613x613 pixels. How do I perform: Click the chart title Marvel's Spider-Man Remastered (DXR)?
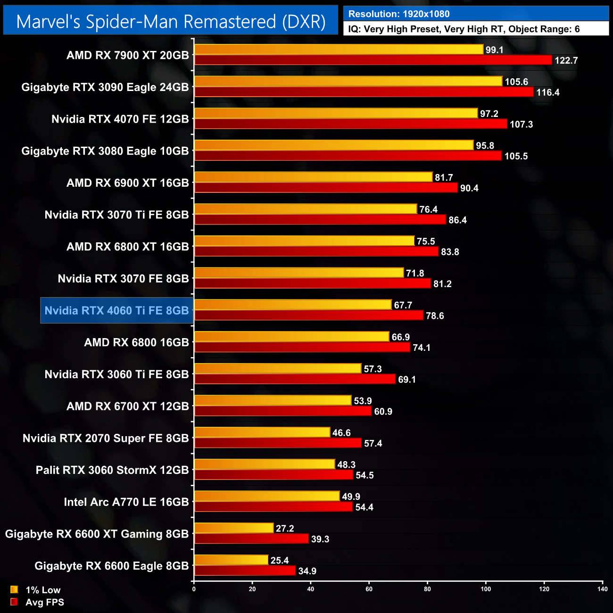pyautogui.click(x=171, y=22)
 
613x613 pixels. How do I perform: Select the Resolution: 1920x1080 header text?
pyautogui.click(x=399, y=14)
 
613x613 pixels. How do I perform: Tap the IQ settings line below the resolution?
pyautogui.click(x=464, y=29)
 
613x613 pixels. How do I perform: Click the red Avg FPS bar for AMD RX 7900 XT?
pyautogui.click(x=373, y=60)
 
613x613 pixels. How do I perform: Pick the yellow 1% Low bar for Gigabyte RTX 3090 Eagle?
pyautogui.click(x=348, y=82)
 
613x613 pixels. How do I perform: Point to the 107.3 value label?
pyautogui.click(x=521, y=124)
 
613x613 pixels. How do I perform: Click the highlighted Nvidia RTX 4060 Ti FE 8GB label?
pyautogui.click(x=116, y=310)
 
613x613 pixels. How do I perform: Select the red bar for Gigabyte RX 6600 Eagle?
pyautogui.click(x=245, y=571)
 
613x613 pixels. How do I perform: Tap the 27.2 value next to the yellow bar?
pyautogui.click(x=285, y=529)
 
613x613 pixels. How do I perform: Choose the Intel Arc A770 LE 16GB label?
pyautogui.click(x=126, y=502)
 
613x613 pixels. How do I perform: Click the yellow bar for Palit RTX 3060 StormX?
pyautogui.click(x=265, y=464)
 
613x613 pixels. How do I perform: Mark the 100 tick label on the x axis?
pyautogui.click(x=486, y=589)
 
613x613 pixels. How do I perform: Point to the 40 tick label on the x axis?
pyautogui.click(x=311, y=589)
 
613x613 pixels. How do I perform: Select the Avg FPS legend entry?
pyautogui.click(x=37, y=602)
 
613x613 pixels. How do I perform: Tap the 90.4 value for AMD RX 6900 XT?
pyautogui.click(x=469, y=188)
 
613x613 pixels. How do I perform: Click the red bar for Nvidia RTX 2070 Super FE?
pyautogui.click(x=278, y=443)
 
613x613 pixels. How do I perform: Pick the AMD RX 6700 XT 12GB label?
pyautogui.click(x=128, y=406)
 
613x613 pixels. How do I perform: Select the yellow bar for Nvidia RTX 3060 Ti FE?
pyautogui.click(x=278, y=369)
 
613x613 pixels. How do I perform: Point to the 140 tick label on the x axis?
pyautogui.click(x=602, y=589)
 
